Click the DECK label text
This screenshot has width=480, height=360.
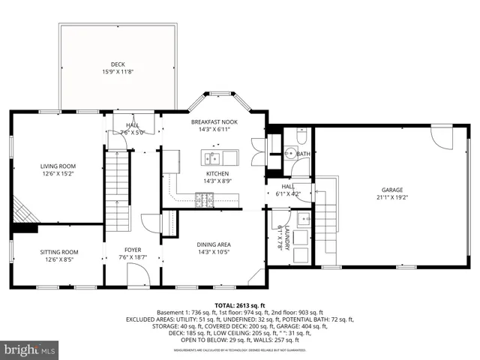tap(118, 64)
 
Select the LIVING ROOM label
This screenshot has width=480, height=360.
tap(58, 166)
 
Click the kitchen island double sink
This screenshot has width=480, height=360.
tap(219, 157)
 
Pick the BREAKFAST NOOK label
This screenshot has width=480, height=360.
tap(214, 121)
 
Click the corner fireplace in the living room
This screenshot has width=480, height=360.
tap(24, 210)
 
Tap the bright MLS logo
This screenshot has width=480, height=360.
tap(30, 349)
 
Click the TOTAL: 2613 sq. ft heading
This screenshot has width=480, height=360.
tap(239, 305)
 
